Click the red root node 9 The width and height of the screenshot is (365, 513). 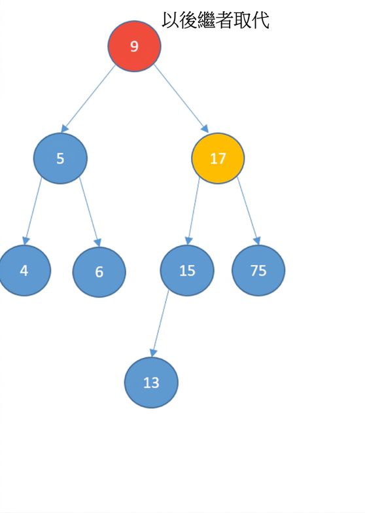click(x=134, y=46)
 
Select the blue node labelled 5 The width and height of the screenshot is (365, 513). click(x=60, y=158)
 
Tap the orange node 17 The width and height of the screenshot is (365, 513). click(x=218, y=158)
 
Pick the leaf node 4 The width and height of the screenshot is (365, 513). click(x=24, y=271)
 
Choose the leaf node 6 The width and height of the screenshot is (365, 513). click(x=99, y=272)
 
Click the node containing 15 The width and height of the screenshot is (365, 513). click(x=187, y=271)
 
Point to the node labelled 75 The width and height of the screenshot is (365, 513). click(x=258, y=271)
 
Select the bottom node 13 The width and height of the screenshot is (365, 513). click(x=151, y=382)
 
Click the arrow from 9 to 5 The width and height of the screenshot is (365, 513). click(x=88, y=99)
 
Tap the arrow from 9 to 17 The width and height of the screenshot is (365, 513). click(x=181, y=98)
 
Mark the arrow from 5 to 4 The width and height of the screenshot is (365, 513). click(x=33, y=211)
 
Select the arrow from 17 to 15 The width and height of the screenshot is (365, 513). click(x=192, y=211)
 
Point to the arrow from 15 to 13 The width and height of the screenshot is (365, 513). click(x=160, y=323)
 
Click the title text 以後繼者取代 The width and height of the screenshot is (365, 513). click(x=215, y=20)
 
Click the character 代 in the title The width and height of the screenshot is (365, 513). click(x=260, y=20)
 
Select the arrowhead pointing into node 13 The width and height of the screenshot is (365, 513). click(x=153, y=353)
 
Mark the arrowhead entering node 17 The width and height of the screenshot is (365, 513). click(x=205, y=128)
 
